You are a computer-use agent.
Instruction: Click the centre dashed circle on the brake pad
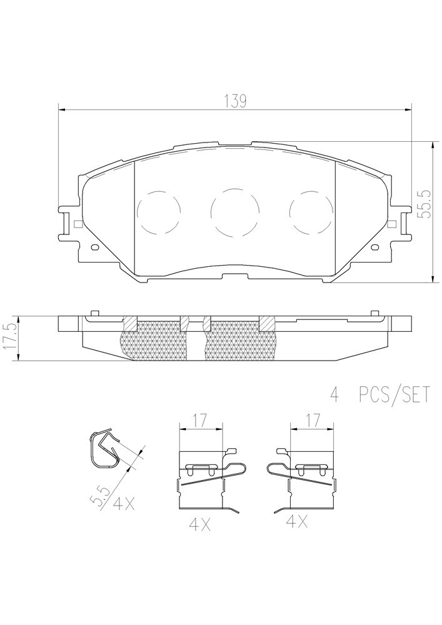click(x=234, y=211)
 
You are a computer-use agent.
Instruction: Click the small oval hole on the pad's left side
click(x=95, y=247)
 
